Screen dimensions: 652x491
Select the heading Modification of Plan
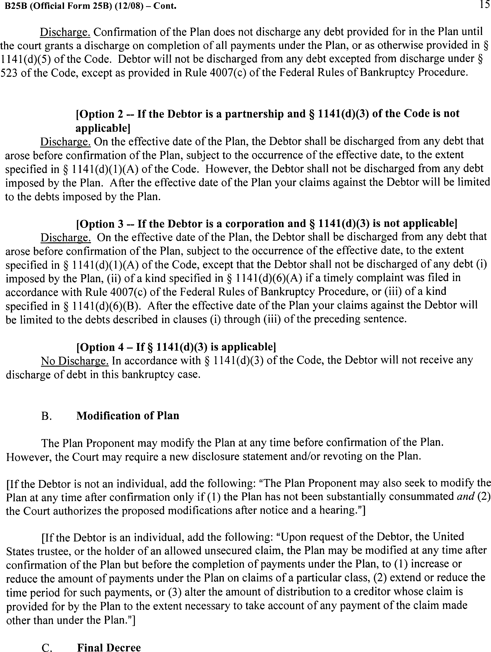pyautogui.click(x=128, y=416)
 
